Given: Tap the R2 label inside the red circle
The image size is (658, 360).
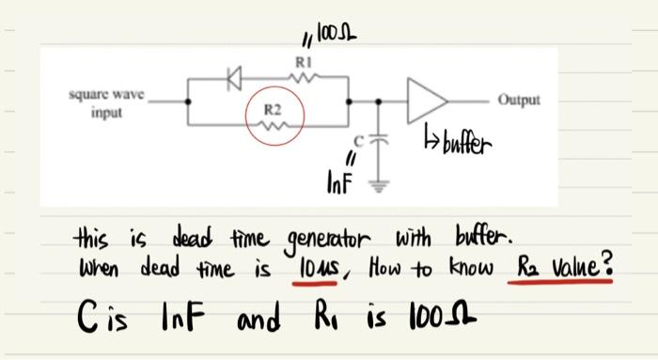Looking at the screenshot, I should coord(273,111).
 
